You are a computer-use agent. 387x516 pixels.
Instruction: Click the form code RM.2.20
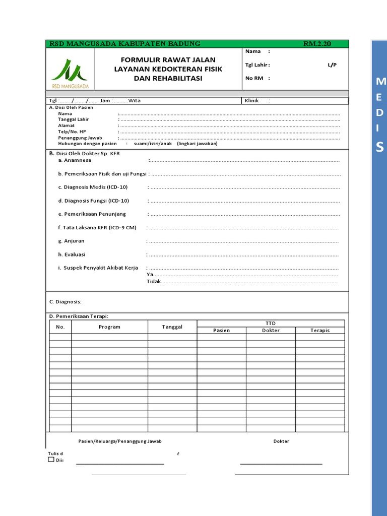(x=317, y=44)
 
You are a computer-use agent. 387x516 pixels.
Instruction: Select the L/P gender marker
(x=332, y=65)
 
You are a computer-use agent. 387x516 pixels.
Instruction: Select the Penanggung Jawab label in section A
(x=80, y=138)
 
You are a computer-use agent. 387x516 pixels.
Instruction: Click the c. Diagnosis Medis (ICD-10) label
(x=93, y=187)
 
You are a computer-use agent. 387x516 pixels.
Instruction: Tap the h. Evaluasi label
(x=72, y=254)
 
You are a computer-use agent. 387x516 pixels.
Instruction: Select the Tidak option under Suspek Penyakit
(x=153, y=282)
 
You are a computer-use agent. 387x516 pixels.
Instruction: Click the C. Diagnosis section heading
(x=65, y=302)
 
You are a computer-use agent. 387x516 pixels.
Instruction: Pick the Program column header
(x=109, y=327)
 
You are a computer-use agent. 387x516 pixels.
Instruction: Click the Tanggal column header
(x=172, y=327)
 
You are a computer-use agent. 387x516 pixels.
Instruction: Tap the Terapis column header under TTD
(x=320, y=331)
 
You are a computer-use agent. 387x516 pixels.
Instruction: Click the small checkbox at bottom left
(x=51, y=460)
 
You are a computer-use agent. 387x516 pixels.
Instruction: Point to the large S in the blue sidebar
(x=379, y=147)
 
